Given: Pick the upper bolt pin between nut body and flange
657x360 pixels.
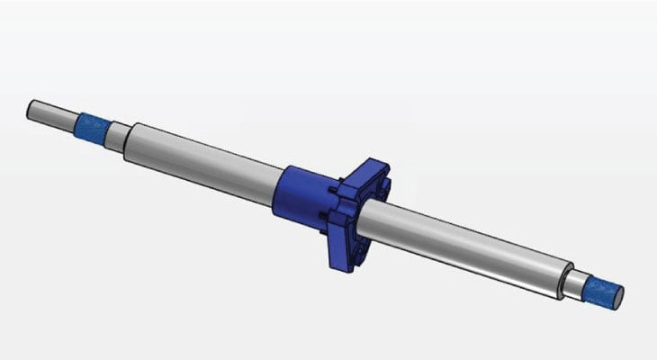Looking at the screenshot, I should [x=334, y=190].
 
